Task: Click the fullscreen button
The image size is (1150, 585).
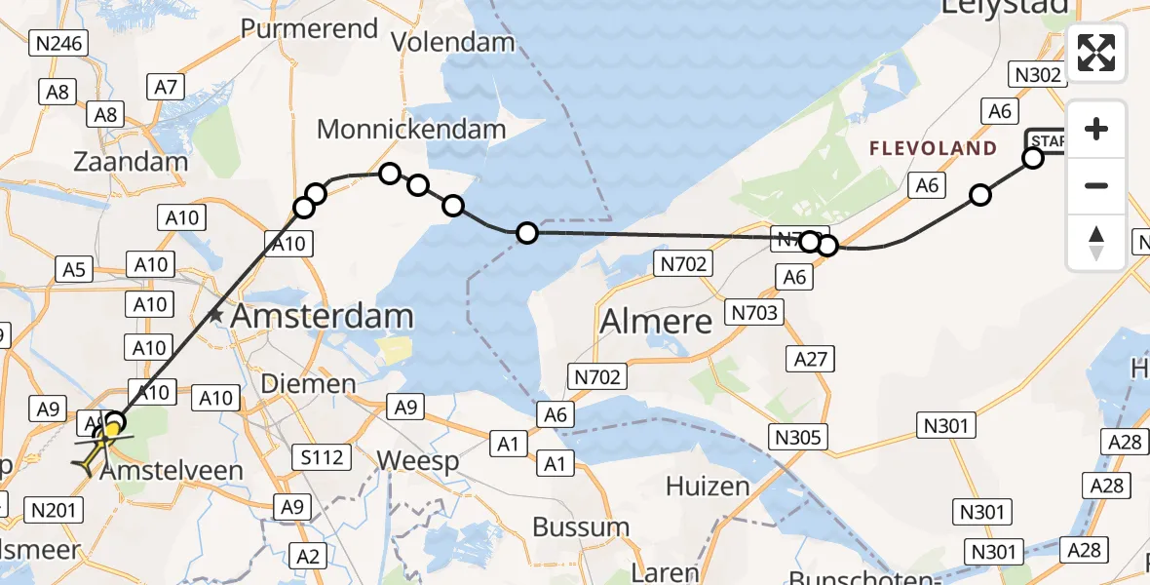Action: coord(1096,53)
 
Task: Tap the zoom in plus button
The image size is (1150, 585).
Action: coord(1096,130)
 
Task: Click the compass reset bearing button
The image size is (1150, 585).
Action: coord(1096,242)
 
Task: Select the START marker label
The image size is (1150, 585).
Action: coord(1045,141)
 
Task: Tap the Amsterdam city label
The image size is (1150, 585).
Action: coord(323,317)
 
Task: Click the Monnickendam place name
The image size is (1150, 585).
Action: coord(411,129)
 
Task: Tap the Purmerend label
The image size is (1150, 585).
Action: coord(309,28)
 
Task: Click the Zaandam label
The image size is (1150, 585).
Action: coord(130,162)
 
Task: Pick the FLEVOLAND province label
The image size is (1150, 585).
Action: coord(933,149)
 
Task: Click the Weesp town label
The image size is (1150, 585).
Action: coord(417,460)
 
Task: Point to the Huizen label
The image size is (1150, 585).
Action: coord(709,486)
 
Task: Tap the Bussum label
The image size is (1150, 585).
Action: coord(581,527)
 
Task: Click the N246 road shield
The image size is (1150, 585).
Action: coord(59,43)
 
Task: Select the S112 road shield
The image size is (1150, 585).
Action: coord(322,456)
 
